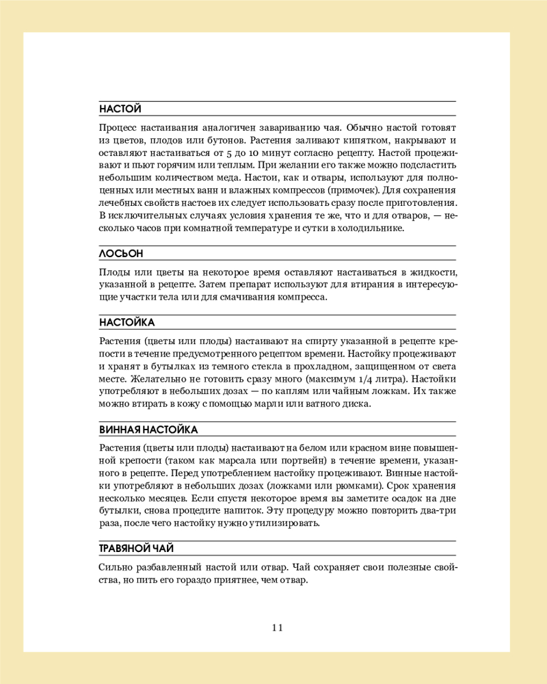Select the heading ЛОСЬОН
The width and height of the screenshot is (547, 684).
(121, 254)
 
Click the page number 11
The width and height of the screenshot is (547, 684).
(277, 627)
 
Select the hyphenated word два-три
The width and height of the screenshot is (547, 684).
(436, 511)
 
